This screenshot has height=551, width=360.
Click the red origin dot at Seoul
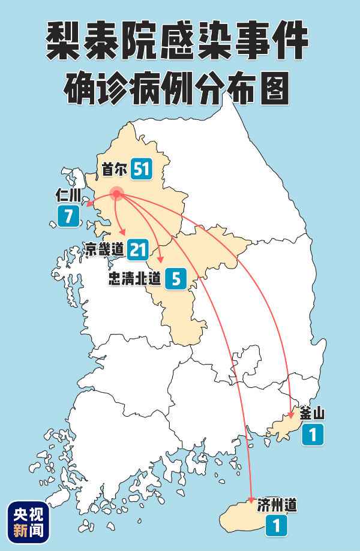(116, 193)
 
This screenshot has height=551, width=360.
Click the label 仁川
(67, 195)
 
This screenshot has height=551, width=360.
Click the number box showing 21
(137, 249)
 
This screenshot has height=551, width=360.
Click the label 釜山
(311, 413)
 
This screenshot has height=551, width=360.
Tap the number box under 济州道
(276, 526)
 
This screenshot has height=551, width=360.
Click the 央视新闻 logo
(28, 521)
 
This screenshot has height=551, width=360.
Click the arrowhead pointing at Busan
(291, 413)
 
